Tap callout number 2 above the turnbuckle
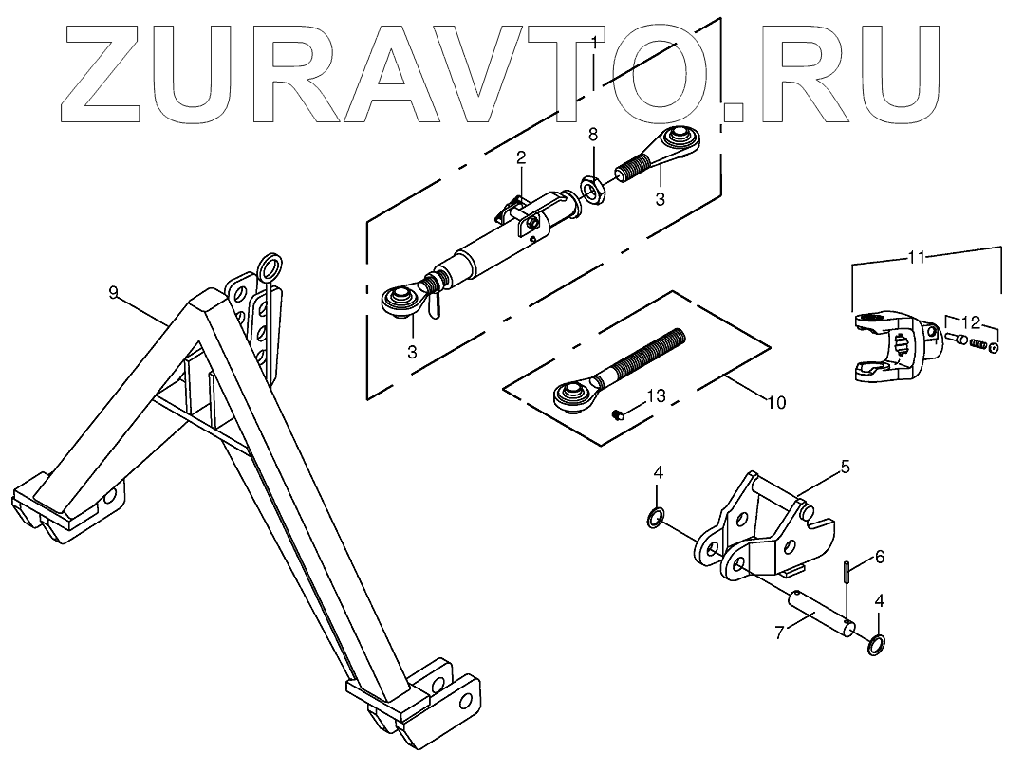521,158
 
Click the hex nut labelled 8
593,192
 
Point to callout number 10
774,403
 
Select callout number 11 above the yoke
916,257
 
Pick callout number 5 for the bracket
845,467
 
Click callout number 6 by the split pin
879,558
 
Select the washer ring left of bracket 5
655,518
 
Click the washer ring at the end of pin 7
877,645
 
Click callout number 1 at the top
593,43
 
